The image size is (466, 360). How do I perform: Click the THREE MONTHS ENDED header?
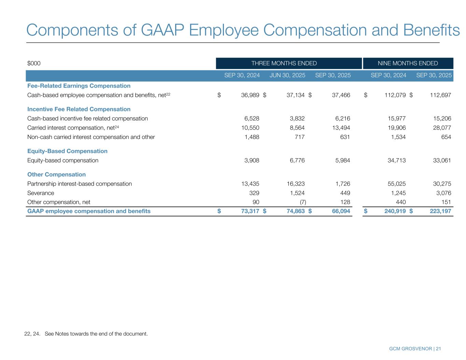pos(284,63)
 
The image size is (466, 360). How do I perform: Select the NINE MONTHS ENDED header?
pos(408,63)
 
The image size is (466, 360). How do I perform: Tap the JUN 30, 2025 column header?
pos(287,75)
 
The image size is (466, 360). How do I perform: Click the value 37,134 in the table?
pos(295,95)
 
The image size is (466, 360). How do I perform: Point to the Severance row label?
pos(41,193)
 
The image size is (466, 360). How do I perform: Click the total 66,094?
pos(341,211)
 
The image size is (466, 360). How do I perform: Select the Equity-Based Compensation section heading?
pos(67,151)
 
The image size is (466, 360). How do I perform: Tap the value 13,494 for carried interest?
pos(341,128)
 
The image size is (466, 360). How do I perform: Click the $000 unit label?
pos(34,63)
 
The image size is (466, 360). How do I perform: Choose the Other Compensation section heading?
pos(56,174)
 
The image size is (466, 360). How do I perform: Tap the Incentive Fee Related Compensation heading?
pos(79,109)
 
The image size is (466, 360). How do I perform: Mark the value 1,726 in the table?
pos(342,184)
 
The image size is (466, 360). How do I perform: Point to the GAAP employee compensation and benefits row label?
pos(89,211)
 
